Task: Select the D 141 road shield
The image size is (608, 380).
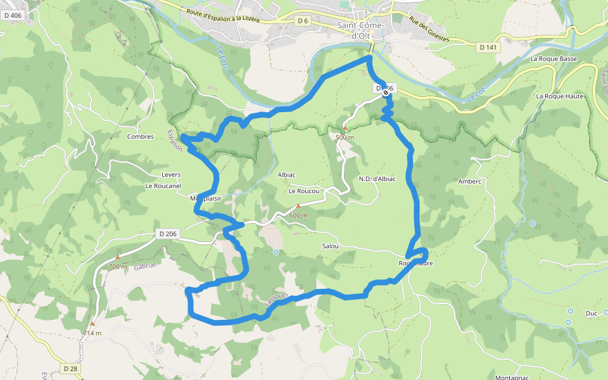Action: [x=488, y=47]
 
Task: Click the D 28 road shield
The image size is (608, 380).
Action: [x=70, y=369]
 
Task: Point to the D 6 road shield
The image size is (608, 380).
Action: [x=303, y=21]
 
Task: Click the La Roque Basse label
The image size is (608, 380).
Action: [x=554, y=59]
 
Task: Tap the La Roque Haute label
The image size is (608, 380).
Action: [x=559, y=96]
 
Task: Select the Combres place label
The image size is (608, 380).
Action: [x=141, y=136]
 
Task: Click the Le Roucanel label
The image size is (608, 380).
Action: [x=163, y=186]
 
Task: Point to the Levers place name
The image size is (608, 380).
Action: [x=170, y=175]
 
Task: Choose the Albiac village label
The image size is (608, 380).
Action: [x=287, y=175]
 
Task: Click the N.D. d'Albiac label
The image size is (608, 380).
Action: [x=377, y=179]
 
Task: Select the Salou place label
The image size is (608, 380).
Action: [x=330, y=246]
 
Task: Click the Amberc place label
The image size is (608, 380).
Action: [x=470, y=181]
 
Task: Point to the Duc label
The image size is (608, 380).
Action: [x=592, y=313]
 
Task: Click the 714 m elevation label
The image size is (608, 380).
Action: [x=92, y=332]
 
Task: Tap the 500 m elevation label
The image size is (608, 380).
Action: [x=345, y=137]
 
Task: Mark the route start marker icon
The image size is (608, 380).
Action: [x=386, y=92]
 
